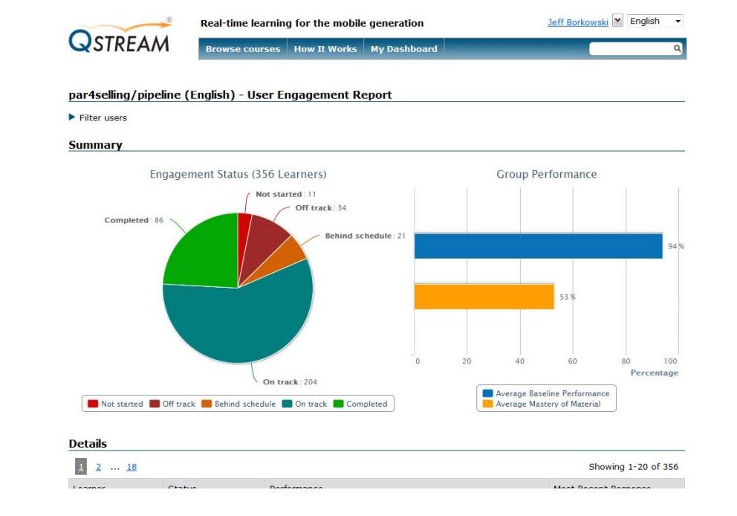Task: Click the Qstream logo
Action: (x=120, y=36)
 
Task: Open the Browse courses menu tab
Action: (x=243, y=49)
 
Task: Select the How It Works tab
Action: (x=325, y=49)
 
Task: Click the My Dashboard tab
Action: (x=403, y=49)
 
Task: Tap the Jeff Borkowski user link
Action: (x=577, y=22)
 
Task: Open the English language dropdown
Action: (x=655, y=22)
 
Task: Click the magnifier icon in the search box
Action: (x=677, y=48)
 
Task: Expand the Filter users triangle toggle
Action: (x=72, y=117)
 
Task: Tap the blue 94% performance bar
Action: (x=538, y=246)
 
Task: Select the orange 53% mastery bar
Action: (x=484, y=297)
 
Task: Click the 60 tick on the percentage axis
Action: (x=572, y=361)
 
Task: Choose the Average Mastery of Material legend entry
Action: (x=548, y=404)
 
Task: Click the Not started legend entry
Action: (x=115, y=404)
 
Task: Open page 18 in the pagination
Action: (x=132, y=467)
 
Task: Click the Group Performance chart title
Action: (x=546, y=174)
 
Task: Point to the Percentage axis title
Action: (x=654, y=373)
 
